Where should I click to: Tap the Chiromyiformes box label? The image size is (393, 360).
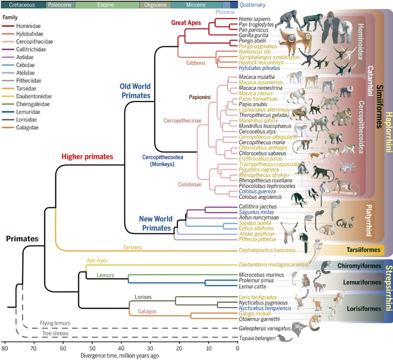tap(363, 266)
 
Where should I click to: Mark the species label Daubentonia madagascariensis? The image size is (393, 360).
tap(273, 264)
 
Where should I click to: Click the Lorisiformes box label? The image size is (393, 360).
tap(364, 308)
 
